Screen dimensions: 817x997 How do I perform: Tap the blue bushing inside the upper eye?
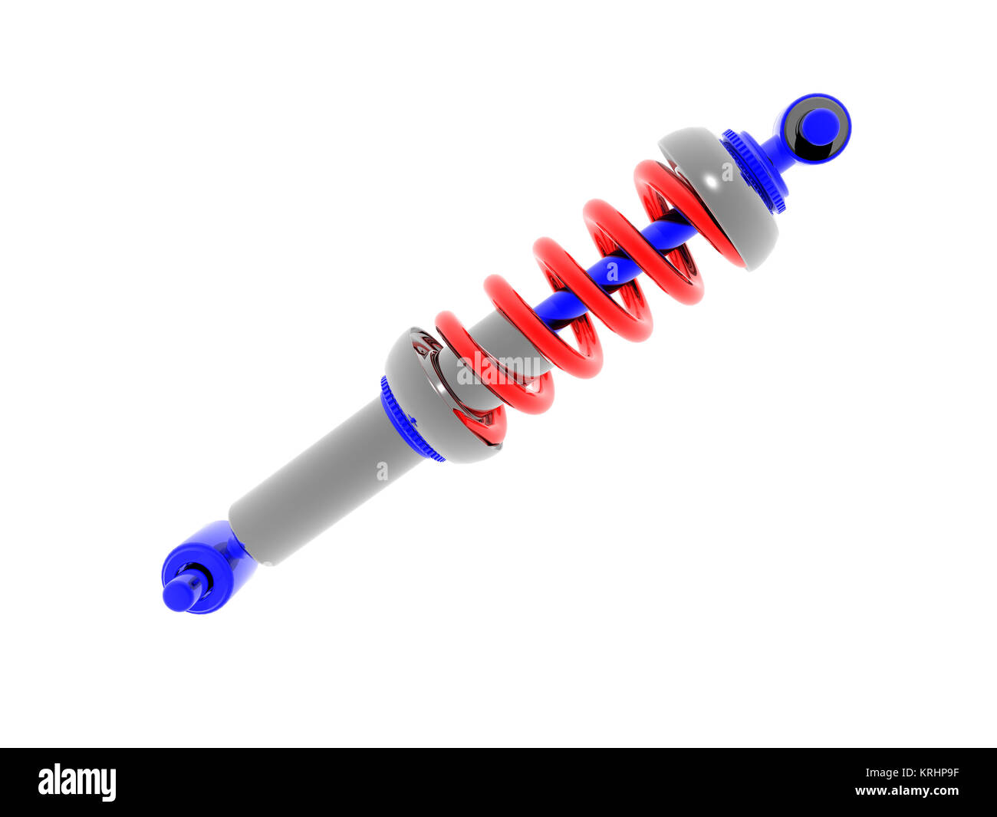(x=819, y=127)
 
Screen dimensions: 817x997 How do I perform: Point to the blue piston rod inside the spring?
(x=614, y=268)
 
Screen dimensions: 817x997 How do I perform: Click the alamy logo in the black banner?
(x=77, y=782)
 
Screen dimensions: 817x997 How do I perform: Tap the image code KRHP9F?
(x=930, y=773)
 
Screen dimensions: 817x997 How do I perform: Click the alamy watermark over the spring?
(x=498, y=370)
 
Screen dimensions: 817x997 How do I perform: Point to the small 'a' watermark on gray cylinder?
(x=382, y=470)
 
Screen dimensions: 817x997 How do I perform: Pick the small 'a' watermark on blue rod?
(x=611, y=271)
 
